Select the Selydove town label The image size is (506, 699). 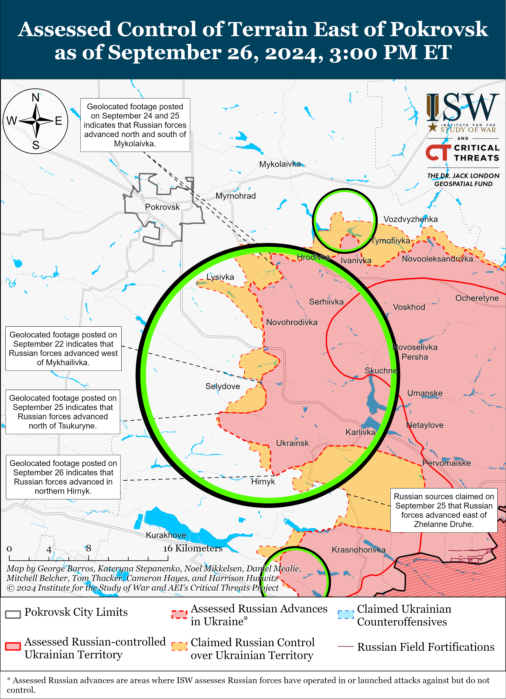click(x=223, y=386)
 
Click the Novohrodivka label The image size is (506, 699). click(x=292, y=322)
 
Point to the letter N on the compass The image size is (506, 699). click(x=36, y=98)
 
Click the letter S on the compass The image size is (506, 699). click(x=36, y=145)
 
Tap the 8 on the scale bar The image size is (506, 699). click(x=88, y=548)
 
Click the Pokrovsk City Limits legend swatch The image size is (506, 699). click(x=13, y=614)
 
